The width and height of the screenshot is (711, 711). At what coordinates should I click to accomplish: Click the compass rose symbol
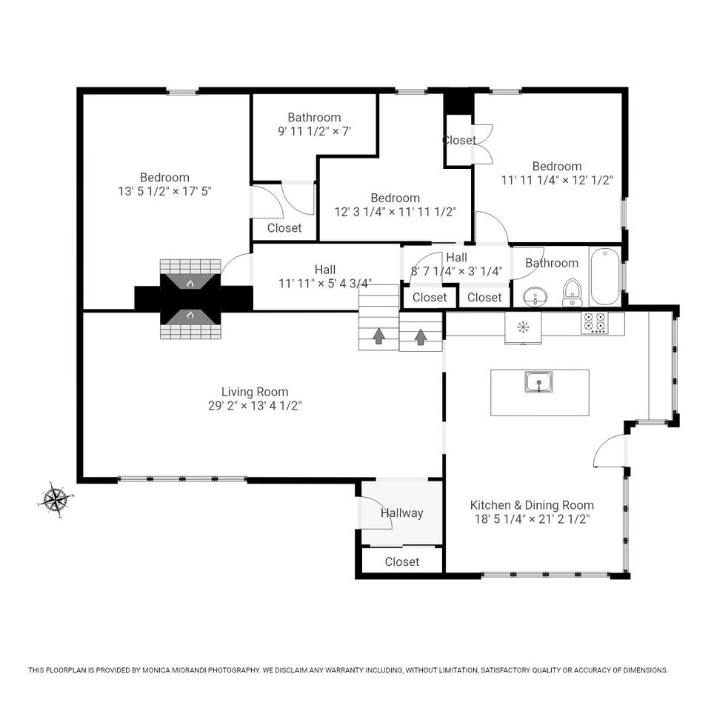point(56,500)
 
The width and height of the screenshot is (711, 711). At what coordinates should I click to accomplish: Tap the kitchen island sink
point(538,382)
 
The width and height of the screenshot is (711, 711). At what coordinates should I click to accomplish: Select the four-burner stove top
point(595,324)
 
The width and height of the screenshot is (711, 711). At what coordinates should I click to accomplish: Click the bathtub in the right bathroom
point(605,276)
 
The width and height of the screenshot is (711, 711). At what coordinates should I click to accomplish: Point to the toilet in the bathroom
point(573,293)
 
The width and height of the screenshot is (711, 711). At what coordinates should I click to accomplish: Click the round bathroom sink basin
point(535,298)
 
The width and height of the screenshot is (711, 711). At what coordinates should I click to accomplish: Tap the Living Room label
point(254,392)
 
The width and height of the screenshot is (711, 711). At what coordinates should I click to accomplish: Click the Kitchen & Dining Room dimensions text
point(532,518)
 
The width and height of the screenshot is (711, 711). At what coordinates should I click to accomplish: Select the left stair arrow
point(379,336)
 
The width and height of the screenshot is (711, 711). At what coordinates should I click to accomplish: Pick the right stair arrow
point(421,336)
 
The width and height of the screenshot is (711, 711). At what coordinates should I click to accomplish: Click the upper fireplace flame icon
point(190,284)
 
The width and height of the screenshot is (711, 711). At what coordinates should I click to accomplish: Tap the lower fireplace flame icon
point(190,315)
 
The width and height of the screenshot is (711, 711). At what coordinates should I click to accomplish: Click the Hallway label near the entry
point(401,513)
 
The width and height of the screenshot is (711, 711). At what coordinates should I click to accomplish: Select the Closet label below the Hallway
point(401,562)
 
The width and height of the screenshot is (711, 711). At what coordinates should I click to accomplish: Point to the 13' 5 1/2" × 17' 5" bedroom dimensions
point(164,191)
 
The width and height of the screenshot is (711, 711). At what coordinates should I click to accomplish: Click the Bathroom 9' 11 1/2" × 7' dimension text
point(314,132)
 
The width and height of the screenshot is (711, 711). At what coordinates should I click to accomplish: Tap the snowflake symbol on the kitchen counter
point(524,326)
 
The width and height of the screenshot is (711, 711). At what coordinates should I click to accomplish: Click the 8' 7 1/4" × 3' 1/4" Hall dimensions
point(457,272)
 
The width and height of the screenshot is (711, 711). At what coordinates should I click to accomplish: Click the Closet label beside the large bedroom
point(284,227)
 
